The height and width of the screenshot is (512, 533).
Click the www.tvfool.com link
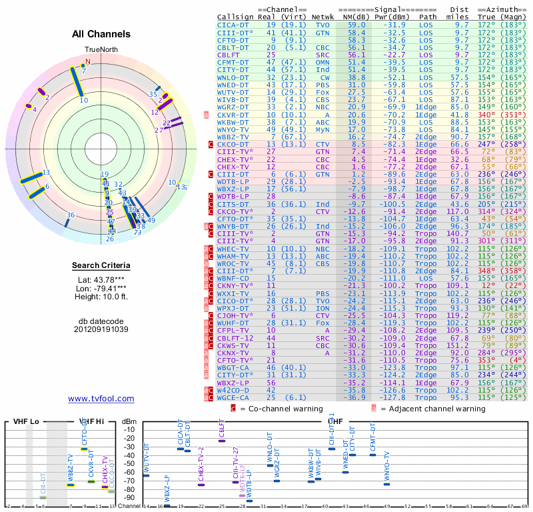pos(101,399)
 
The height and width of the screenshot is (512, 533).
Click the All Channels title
pos(101,34)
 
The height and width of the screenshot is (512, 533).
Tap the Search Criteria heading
pos(101,266)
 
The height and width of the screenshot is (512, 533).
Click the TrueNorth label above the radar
pos(101,50)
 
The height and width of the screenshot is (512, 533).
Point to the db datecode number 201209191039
pos(101,329)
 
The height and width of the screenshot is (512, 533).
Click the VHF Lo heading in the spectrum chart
pos(26,421)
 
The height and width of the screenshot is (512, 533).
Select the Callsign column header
pos(236,16)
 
